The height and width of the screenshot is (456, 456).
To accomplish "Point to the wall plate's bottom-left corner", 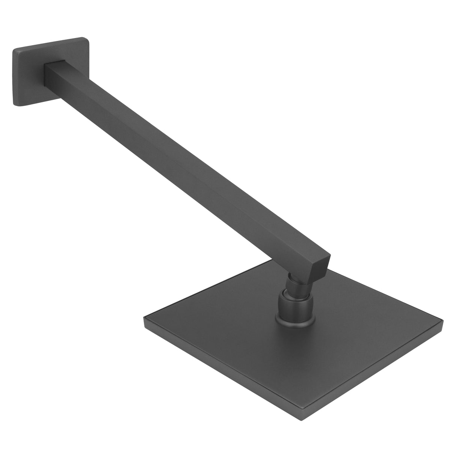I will [16, 105].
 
